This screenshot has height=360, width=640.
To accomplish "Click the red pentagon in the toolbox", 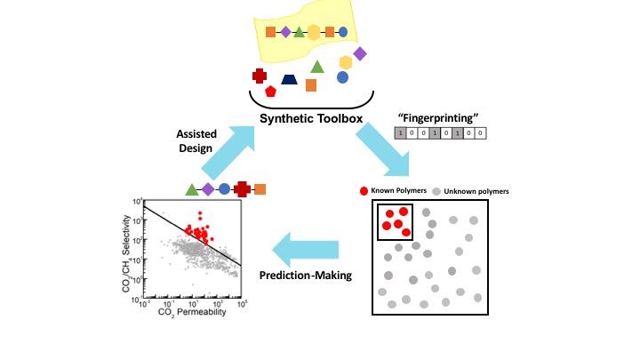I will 270,91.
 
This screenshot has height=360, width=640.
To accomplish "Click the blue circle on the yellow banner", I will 343,32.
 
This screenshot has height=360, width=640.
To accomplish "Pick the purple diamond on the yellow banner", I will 285,32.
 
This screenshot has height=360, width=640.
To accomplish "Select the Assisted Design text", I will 194,142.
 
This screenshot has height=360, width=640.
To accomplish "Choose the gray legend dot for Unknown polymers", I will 436,191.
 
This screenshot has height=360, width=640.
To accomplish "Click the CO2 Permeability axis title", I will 191,312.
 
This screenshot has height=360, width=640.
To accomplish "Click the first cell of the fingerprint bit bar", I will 401,133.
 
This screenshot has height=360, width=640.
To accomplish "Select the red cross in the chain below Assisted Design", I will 241,188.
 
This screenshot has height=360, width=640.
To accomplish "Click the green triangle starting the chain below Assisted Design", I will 191,189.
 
